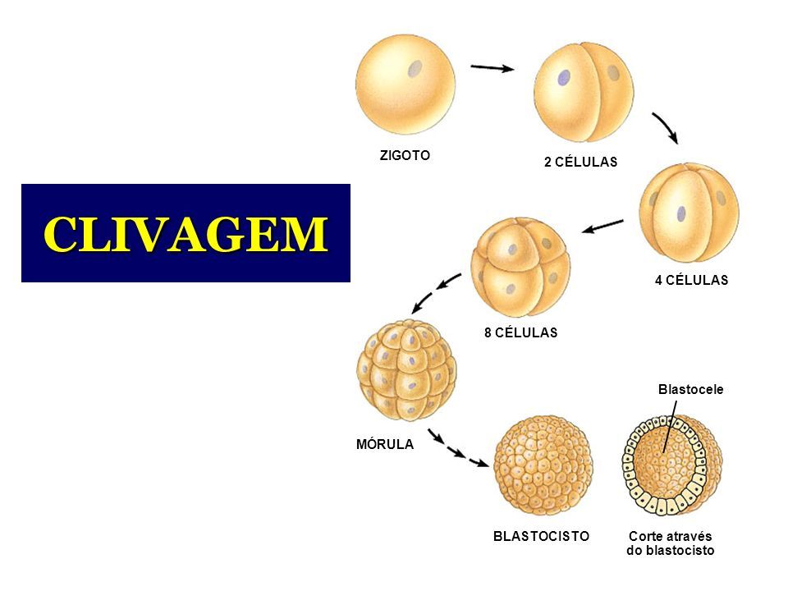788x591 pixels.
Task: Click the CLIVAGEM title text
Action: coord(186,234)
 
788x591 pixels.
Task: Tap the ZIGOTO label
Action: coord(405,155)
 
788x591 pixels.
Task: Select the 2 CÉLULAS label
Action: coord(580,163)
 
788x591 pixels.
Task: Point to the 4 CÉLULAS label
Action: coord(691,281)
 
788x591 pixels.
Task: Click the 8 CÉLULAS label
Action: coord(520,332)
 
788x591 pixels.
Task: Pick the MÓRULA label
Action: coord(385,444)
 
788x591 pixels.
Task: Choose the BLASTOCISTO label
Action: coord(542,536)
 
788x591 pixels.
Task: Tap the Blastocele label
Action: coord(690,389)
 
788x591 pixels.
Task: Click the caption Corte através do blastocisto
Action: coord(670,543)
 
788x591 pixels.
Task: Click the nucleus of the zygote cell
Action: coord(416,68)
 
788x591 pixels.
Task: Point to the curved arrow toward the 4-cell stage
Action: coord(665,126)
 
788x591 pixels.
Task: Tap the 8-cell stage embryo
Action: coord(520,266)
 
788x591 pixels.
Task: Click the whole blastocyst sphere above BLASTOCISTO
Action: coord(543,465)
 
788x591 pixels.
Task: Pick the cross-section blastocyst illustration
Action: coord(672,465)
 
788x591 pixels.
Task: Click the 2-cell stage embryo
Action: coord(577,93)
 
